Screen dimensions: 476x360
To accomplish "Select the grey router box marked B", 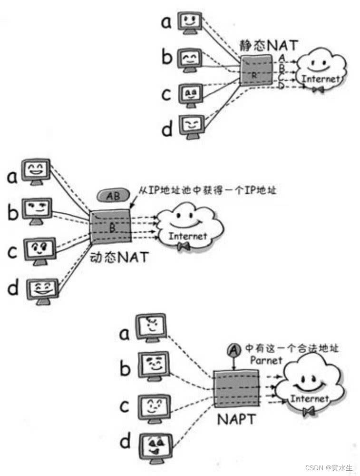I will pos(110,227).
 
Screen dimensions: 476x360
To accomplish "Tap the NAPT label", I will pos(237,420).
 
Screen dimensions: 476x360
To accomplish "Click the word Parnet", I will pos(266,360).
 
